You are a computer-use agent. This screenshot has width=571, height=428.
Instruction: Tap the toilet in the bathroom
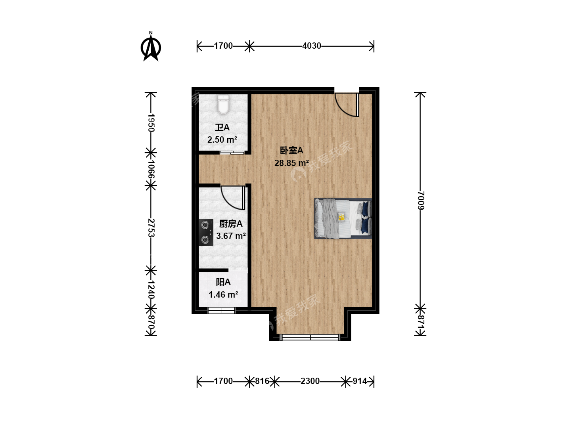click(223, 105)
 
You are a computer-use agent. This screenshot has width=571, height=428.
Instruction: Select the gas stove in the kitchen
click(206, 232)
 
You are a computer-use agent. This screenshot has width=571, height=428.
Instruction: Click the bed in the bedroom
click(343, 218)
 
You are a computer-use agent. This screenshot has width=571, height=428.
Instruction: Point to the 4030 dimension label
click(311, 46)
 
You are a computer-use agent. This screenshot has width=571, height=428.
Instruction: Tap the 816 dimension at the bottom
click(262, 381)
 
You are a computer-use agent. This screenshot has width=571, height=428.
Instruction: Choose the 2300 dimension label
click(310, 381)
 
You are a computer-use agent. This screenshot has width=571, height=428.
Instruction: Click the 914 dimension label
click(360, 381)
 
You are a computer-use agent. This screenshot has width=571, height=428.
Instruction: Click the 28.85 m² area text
click(291, 163)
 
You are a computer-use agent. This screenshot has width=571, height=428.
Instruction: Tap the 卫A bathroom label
click(222, 128)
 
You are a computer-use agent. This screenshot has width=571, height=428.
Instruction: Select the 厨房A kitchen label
click(230, 224)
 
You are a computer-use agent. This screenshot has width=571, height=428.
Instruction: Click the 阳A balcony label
click(223, 282)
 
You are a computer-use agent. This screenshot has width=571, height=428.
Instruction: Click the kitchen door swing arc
click(228, 201)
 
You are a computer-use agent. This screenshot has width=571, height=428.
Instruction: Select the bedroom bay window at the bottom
click(310, 337)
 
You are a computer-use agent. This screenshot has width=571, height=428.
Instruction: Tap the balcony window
click(221, 310)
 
